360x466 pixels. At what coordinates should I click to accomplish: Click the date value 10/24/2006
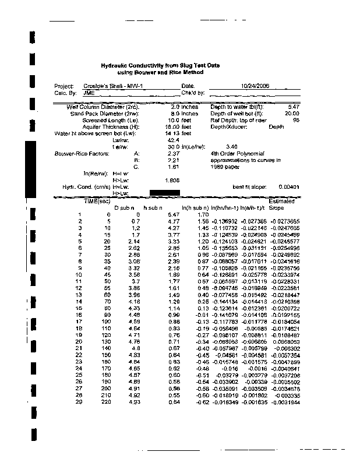click(x=255, y=86)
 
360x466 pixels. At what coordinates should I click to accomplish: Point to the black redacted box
click(x=165, y=193)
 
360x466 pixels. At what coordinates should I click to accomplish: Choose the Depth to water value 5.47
click(x=293, y=107)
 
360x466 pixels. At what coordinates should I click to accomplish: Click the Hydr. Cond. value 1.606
click(x=172, y=180)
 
